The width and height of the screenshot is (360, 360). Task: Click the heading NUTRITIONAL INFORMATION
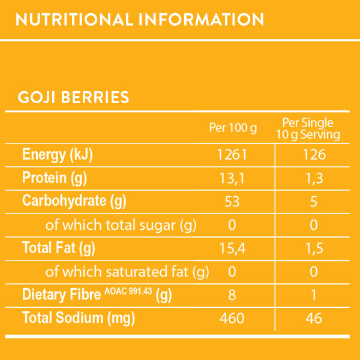pos(140,19)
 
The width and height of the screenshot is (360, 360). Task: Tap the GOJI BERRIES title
pos(74,97)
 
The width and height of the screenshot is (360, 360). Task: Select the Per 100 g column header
pos(233,128)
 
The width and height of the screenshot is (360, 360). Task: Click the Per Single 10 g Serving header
pos(307,128)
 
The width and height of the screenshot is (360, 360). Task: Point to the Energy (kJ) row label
pos(58,155)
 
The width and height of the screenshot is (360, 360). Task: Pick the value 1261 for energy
pos(232,155)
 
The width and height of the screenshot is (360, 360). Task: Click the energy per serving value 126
pos(313,155)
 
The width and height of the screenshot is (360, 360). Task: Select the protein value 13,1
pos(232,178)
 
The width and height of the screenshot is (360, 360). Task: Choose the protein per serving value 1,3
pos(313,178)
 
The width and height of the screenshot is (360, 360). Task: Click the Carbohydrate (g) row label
pos(74,200)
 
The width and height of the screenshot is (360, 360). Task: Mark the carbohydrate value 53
pos(232,201)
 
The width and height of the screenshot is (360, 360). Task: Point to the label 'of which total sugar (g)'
pos(121,225)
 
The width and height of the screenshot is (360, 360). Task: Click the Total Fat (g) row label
pos(59,247)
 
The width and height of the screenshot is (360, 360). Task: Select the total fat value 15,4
pos(232,247)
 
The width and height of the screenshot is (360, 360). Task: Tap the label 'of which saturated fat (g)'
pos(127,271)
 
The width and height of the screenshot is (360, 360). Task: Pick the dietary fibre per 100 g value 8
pos(232,295)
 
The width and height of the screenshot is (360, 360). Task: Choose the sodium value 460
pos(232,318)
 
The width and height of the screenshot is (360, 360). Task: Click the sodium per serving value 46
pos(313,318)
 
